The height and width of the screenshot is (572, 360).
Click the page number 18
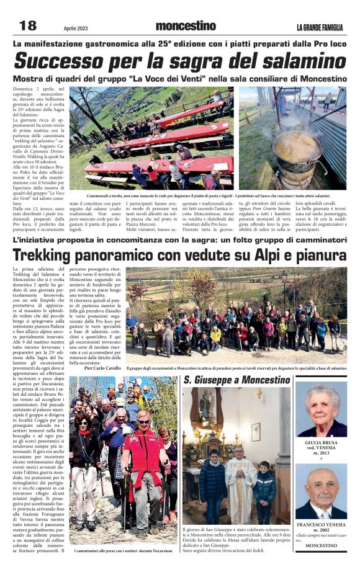28,25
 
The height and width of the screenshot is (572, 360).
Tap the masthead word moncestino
186,26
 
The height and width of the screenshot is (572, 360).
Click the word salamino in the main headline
294,61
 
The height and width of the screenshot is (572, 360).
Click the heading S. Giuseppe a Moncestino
236,379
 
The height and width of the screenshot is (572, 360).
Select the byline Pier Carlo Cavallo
102,367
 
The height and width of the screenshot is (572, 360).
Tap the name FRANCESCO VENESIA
321,524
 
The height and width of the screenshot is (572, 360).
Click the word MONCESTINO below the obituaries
321,546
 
